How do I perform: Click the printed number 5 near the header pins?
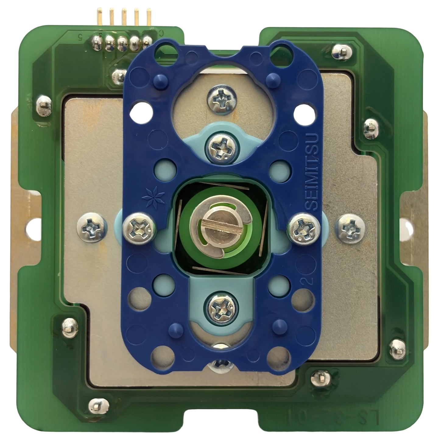coord(81,38)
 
